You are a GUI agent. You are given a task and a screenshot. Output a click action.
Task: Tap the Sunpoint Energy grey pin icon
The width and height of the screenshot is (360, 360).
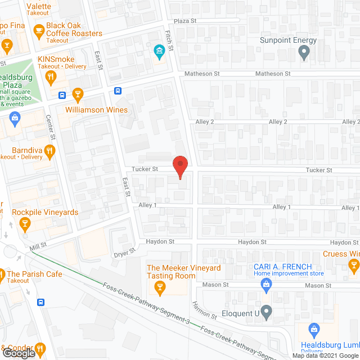coord(304,53)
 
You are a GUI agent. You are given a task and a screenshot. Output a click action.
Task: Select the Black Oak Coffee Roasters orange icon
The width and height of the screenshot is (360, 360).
coord(38,30)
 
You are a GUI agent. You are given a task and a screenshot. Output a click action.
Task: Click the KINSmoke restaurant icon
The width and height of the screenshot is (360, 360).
coord(51,77)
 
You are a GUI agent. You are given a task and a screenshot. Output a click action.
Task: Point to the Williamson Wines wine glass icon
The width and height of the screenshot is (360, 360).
coord(78,94)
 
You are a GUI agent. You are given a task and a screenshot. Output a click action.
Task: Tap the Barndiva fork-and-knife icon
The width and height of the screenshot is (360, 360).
coord(50,150)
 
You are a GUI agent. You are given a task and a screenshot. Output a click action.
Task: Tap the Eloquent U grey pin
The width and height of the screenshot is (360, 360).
coord(267,311)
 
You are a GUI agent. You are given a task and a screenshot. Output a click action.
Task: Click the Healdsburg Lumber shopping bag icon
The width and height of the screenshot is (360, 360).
coord(314,328)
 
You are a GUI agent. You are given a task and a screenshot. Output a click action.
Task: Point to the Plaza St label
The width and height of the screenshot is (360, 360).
coord(184,21)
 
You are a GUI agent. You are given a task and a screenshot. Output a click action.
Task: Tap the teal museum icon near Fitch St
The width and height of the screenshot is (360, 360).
coord(159,52)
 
